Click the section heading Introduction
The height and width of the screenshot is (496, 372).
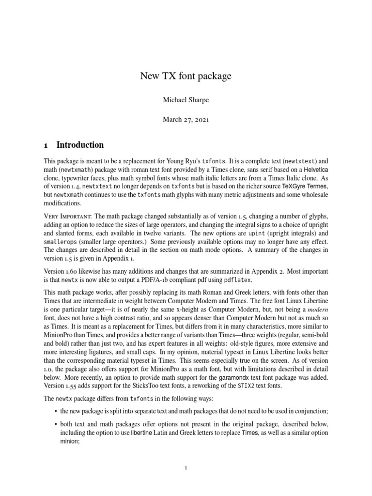click(80, 145)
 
